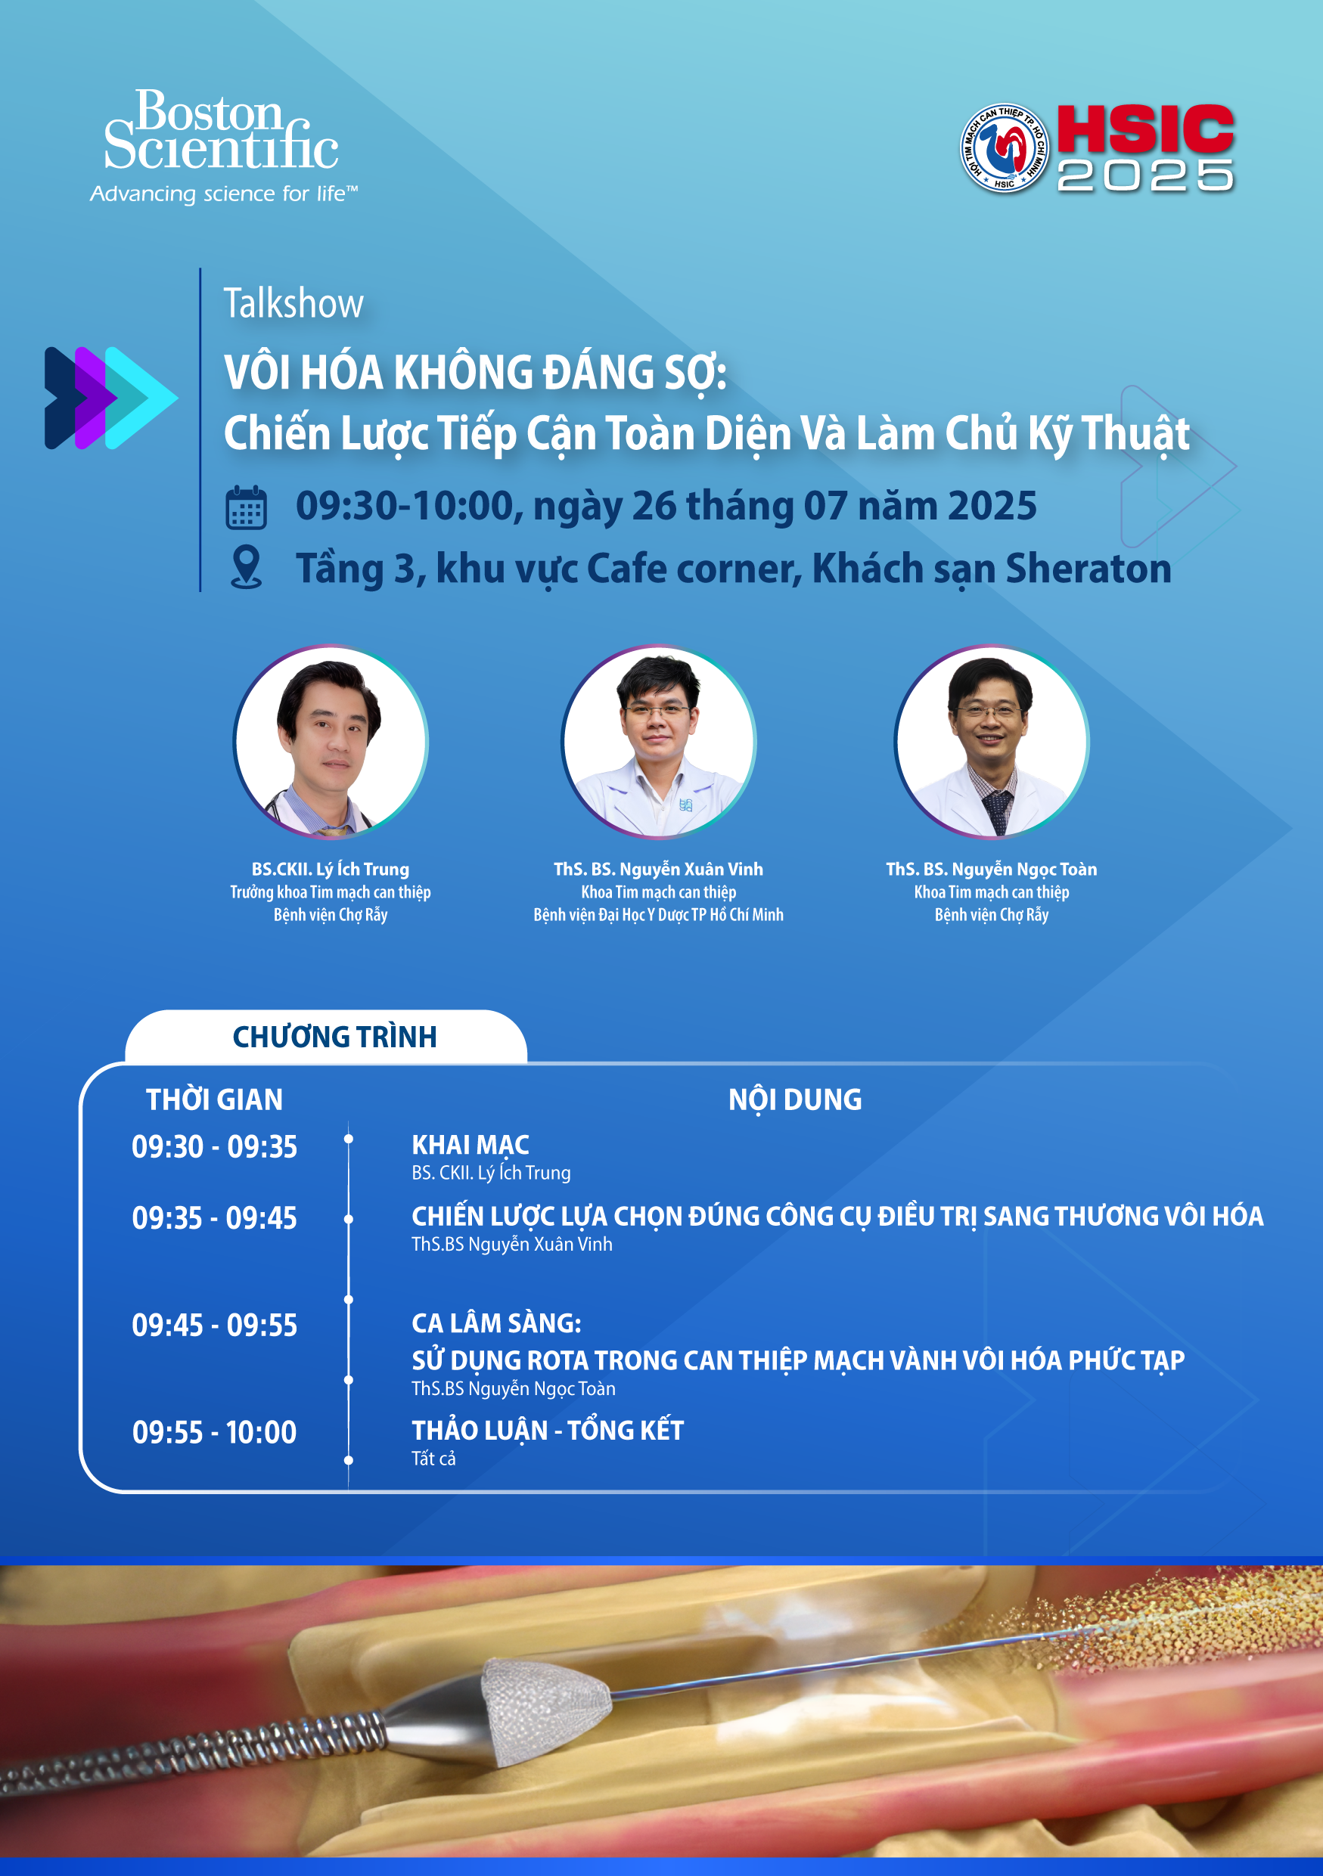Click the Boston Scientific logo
pyautogui.click(x=223, y=145)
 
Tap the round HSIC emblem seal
pyautogui.click(x=1004, y=148)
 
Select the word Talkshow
pyautogui.click(x=293, y=303)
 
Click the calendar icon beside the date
pyautogui.click(x=246, y=507)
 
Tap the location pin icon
pyautogui.click(x=246, y=567)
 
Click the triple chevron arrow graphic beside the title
pyautogui.click(x=111, y=398)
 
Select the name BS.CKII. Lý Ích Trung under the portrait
pyautogui.click(x=330, y=870)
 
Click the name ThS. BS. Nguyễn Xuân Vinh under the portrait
pyautogui.click(x=659, y=870)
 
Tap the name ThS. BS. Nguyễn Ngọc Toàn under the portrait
pyautogui.click(x=991, y=870)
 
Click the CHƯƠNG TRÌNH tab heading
pyautogui.click(x=334, y=1037)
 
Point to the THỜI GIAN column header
pyautogui.click(x=214, y=1099)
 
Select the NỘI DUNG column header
pyautogui.click(x=795, y=1099)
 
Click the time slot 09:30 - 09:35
pyautogui.click(x=214, y=1147)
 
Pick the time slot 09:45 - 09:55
pyautogui.click(x=214, y=1326)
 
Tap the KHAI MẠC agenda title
pyautogui.click(x=470, y=1145)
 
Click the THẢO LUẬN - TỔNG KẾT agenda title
pyautogui.click(x=548, y=1430)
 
